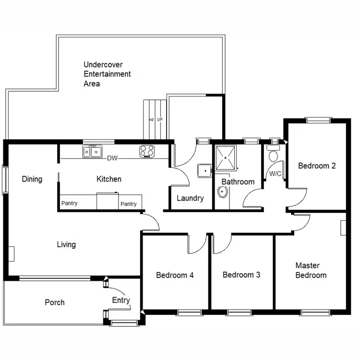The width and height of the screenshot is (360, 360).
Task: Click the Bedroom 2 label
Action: click(x=316, y=166)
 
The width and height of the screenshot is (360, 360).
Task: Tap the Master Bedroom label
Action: click(x=311, y=270)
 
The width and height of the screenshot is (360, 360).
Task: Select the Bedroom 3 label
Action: click(x=241, y=275)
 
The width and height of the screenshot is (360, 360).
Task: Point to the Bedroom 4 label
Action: click(x=175, y=276)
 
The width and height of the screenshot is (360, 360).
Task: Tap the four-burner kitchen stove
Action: click(x=147, y=152)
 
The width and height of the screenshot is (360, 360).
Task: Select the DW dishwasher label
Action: click(x=112, y=158)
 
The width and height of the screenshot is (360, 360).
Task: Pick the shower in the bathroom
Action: click(x=225, y=157)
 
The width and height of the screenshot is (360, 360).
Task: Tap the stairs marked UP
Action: click(x=155, y=119)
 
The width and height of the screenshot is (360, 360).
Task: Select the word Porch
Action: click(x=54, y=302)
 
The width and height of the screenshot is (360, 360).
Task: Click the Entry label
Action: click(x=121, y=300)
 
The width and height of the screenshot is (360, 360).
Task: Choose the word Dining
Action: click(x=32, y=180)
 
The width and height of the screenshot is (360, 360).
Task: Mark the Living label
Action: click(x=66, y=245)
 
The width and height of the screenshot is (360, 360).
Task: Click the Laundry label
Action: click(x=190, y=198)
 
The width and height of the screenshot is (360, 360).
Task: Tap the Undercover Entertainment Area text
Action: click(x=107, y=74)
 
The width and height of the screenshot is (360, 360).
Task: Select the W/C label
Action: click(x=275, y=174)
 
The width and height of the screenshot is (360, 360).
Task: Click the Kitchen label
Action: click(x=109, y=179)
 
